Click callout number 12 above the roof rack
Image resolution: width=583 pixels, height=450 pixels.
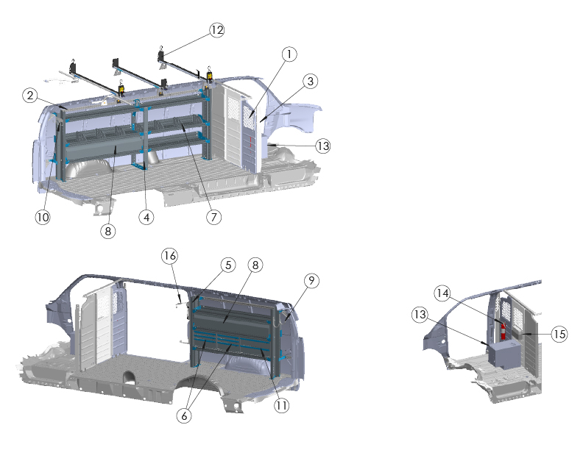tap(216, 30)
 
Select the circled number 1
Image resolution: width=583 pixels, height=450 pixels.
tap(289, 54)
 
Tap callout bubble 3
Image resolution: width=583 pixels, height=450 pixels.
tap(310, 82)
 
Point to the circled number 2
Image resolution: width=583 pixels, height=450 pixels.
tap(30, 96)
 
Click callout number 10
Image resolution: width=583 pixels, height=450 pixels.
tap(43, 217)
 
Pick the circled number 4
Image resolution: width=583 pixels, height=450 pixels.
tap(146, 217)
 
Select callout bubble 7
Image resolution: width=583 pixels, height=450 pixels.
tap(213, 217)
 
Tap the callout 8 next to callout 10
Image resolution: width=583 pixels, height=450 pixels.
tap(107, 232)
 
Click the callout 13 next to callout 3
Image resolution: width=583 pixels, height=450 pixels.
tap(322, 146)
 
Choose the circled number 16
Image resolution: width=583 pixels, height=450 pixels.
tap(169, 256)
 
